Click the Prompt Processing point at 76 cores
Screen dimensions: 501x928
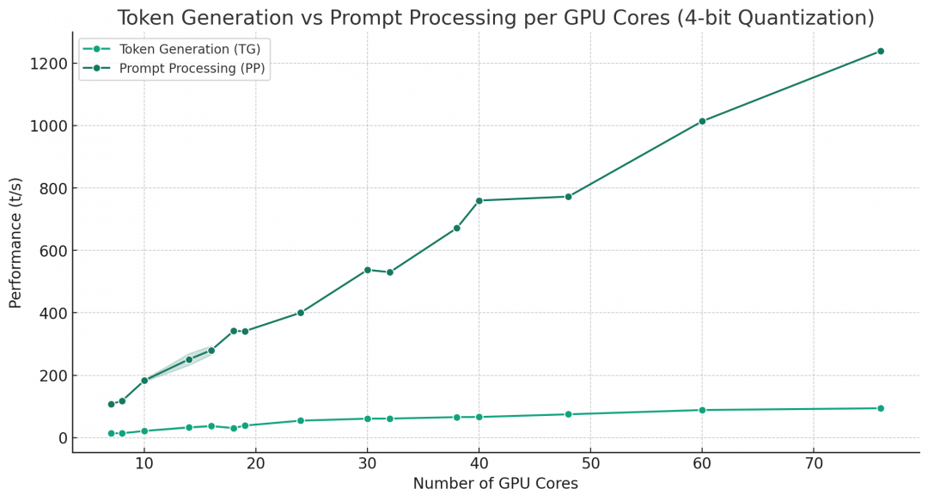(x=880, y=52)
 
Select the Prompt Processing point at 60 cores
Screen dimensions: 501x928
(x=702, y=121)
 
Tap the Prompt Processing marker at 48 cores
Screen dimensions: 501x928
(x=568, y=197)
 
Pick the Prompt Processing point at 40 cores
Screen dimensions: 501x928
(x=479, y=201)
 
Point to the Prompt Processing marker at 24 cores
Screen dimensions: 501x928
(x=300, y=313)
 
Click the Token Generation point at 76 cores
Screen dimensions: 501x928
(x=880, y=408)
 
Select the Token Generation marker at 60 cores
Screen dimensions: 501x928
(x=702, y=410)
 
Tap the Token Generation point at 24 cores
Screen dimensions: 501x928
(x=300, y=420)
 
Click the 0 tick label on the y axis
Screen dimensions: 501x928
(x=62, y=438)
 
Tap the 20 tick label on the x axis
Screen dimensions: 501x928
(x=255, y=464)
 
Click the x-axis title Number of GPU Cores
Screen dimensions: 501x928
(x=495, y=484)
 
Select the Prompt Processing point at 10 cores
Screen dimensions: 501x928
(x=144, y=381)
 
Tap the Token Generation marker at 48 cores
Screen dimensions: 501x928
(x=568, y=414)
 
